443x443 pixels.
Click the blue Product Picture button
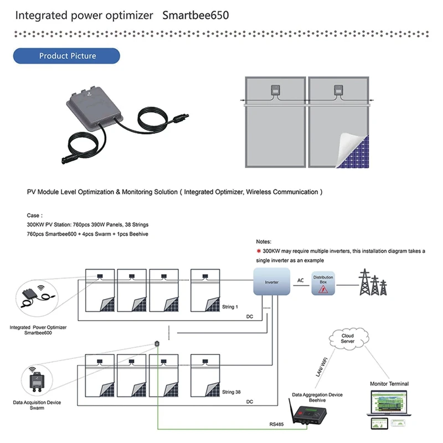coord(67,56)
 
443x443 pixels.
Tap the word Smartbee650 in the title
coord(195,16)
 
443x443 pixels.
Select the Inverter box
coord(271,282)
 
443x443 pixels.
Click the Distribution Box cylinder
coord(323,283)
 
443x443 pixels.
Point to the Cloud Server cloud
coord(348,338)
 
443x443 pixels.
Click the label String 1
coord(230,307)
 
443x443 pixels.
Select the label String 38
coord(231,392)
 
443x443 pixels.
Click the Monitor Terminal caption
coord(389,384)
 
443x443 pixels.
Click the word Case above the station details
coord(34,215)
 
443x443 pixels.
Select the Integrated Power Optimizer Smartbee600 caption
coord(38,330)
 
